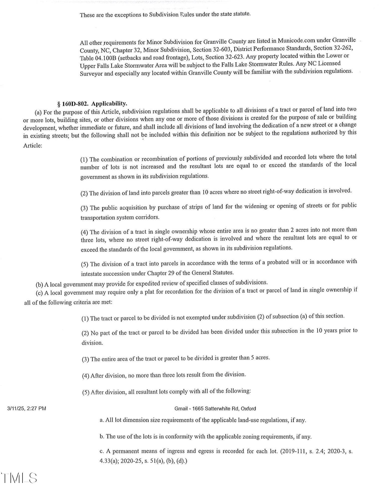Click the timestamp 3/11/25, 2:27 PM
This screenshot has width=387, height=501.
27,408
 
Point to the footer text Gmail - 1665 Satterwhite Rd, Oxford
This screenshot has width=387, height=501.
215,409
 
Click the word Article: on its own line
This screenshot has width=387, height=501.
33,146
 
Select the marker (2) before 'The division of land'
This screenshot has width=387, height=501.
84,193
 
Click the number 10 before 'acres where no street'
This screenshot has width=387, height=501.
205,192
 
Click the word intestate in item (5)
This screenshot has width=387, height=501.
91,274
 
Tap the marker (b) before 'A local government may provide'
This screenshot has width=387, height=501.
39,285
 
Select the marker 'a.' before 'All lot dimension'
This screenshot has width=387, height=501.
102,420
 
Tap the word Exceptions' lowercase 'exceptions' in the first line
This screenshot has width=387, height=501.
131,15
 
